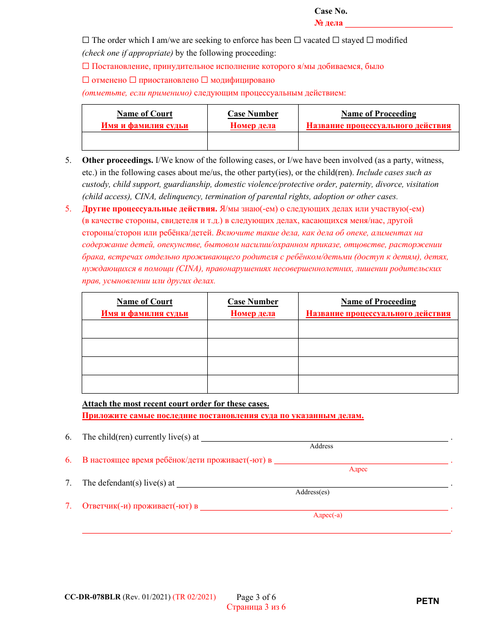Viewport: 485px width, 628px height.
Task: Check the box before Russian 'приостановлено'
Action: click(133, 80)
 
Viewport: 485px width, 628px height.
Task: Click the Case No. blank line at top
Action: click(399, 23)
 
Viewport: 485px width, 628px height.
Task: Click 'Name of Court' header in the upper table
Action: click(144, 114)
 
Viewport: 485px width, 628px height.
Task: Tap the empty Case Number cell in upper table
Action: click(253, 141)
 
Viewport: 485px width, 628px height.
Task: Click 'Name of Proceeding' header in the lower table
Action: click(378, 302)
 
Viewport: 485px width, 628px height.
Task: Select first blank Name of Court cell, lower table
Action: click(144, 329)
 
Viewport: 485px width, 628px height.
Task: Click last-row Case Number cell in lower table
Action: click(253, 384)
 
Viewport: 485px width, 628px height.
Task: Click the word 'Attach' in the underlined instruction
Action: click(94, 404)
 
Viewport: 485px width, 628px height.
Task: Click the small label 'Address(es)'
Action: click(312, 492)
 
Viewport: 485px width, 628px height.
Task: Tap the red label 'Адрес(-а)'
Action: click(328, 515)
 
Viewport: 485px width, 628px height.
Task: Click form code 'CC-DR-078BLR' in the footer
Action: click(92, 597)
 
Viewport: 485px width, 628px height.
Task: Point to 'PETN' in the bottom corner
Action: click(427, 601)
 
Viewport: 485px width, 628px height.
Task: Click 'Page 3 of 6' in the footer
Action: click(256, 597)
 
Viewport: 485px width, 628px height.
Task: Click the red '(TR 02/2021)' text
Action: click(194, 597)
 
